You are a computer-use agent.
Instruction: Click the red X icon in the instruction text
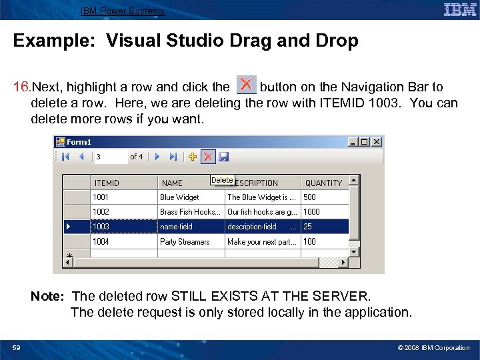[x=247, y=85]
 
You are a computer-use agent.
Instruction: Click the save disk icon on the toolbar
[x=223, y=157]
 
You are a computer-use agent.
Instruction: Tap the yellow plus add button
[x=193, y=157]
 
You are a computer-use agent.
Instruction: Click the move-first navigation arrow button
[x=65, y=157]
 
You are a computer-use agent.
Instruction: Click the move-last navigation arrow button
[x=173, y=157]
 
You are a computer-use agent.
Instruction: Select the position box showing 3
[x=109, y=157]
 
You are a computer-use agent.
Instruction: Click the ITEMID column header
[x=107, y=183]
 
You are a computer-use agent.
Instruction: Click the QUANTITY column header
[x=323, y=183]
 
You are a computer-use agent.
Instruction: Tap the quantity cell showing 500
[x=324, y=197]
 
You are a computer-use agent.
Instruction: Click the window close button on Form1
[x=377, y=141]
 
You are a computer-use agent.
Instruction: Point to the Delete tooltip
[x=222, y=180]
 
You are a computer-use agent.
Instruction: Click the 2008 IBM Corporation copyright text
[x=433, y=347]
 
